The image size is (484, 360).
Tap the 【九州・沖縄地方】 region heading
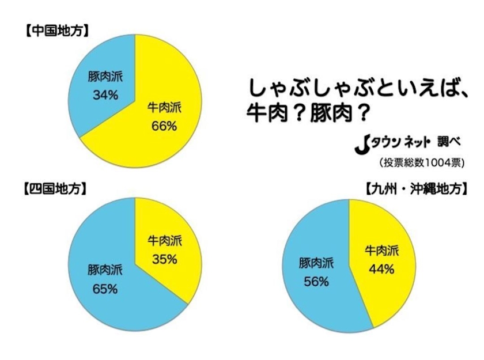415,188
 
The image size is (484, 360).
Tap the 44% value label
381,268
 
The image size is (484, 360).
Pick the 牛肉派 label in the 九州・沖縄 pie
381,252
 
